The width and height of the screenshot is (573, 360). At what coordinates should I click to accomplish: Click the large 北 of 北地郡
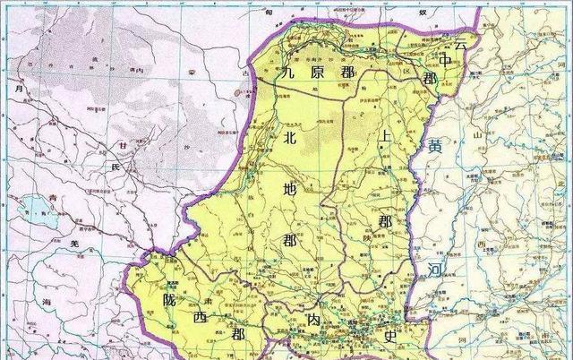coord(288,138)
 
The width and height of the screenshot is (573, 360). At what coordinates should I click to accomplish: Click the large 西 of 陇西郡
coord(198,320)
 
